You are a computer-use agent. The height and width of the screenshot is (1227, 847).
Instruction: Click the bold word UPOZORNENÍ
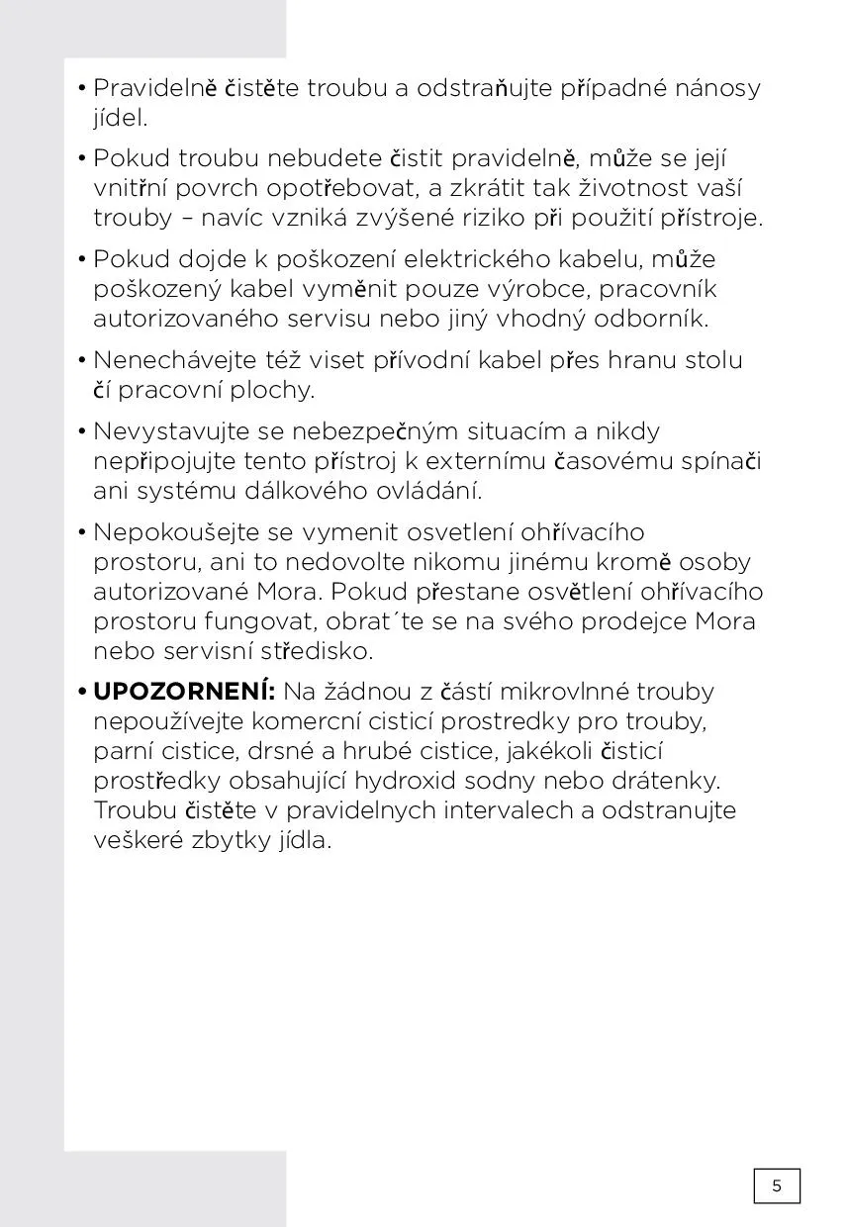click(183, 691)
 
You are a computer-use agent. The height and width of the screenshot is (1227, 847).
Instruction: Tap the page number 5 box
click(777, 1185)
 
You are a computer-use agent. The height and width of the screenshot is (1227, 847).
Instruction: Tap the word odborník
click(650, 320)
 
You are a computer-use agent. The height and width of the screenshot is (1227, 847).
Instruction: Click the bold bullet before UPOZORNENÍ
click(82, 691)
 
